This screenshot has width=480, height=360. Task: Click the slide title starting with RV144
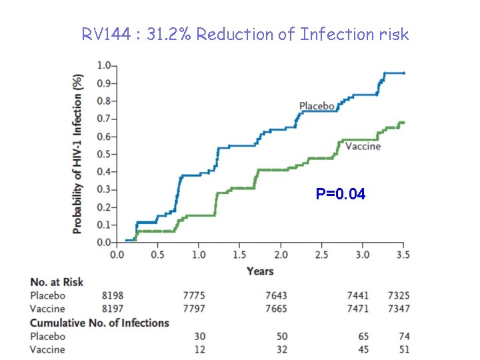click(245, 34)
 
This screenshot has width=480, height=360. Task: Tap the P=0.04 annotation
click(341, 195)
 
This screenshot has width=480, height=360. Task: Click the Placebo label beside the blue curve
click(316, 106)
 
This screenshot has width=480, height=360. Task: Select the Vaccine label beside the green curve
click(363, 146)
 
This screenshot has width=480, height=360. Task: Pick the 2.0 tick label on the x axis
click(281, 255)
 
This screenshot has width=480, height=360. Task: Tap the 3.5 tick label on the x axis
click(402, 255)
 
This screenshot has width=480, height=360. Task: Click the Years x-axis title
click(260, 271)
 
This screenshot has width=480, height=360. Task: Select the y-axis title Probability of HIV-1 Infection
click(78, 153)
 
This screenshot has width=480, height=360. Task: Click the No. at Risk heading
click(57, 282)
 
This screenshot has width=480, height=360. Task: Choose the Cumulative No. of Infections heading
click(100, 323)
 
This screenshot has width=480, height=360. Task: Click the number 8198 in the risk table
click(112, 295)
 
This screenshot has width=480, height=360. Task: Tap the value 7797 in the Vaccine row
click(193, 309)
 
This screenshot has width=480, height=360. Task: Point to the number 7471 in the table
click(357, 309)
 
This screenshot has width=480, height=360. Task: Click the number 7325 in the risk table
click(398, 295)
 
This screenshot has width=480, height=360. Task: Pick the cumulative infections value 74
click(403, 336)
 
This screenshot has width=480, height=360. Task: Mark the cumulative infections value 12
click(199, 349)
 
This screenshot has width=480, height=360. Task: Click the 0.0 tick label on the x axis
click(116, 255)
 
